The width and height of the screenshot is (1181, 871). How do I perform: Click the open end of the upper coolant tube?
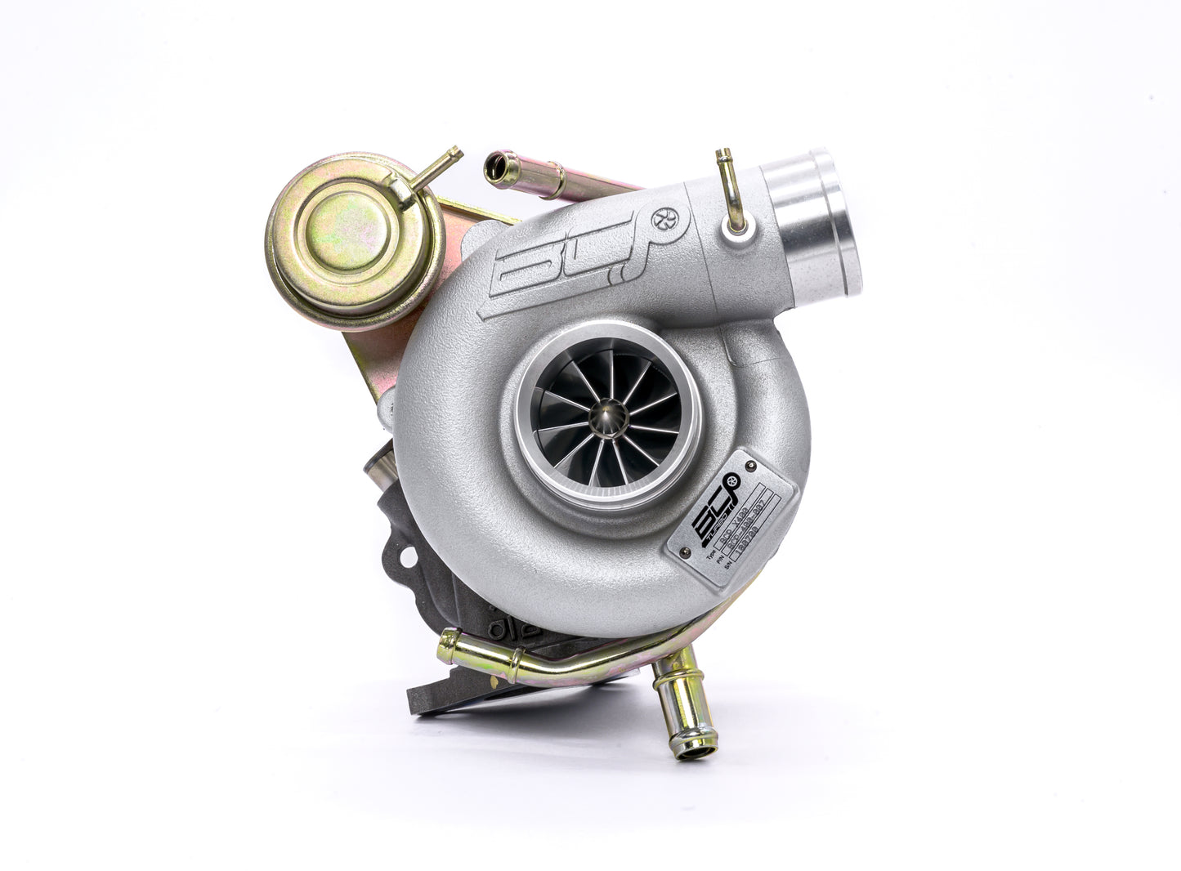tap(495, 165)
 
